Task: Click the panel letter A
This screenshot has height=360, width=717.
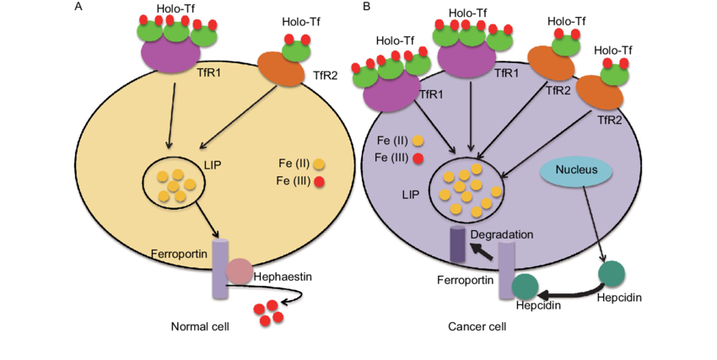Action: point(78,7)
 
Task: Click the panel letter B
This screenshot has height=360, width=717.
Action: point(365,7)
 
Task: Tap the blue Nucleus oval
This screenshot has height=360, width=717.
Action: point(576,171)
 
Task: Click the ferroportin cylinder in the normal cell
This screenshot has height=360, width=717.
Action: point(219,268)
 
